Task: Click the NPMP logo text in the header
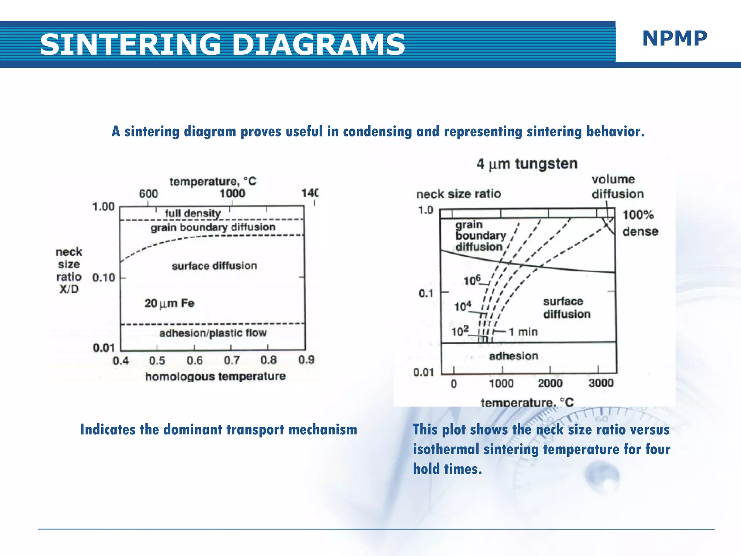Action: [674, 38]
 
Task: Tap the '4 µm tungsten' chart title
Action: [527, 164]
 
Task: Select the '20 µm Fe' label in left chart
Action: [169, 303]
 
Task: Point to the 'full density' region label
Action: [193, 213]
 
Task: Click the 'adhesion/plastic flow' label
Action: [213, 333]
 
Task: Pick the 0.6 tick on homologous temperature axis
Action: [195, 361]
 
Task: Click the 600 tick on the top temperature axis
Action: [148, 194]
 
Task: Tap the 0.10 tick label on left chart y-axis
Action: [103, 278]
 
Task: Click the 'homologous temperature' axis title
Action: [215, 376]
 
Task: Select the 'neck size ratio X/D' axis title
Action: [69, 270]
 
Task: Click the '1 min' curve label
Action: [523, 332]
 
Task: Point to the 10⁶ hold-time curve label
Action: [472, 281]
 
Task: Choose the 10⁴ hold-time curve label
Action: [463, 307]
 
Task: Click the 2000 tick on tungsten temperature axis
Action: [550, 383]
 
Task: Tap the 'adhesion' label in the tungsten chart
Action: [513, 356]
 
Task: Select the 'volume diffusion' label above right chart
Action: [617, 187]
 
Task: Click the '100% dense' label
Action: [640, 223]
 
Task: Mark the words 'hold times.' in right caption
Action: [448, 469]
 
